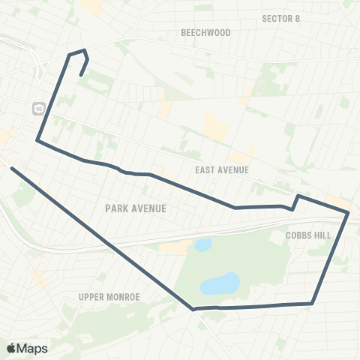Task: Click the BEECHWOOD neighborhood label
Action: click(x=206, y=33)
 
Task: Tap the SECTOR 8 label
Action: click(x=281, y=19)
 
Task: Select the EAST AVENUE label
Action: click(x=221, y=170)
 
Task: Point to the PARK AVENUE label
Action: click(x=136, y=208)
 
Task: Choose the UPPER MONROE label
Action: click(x=109, y=297)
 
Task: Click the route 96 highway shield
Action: click(x=38, y=109)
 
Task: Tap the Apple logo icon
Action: click(x=12, y=348)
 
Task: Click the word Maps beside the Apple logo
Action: click(x=32, y=348)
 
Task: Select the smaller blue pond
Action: click(x=202, y=245)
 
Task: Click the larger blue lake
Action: click(x=220, y=284)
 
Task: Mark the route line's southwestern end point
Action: click(x=12, y=168)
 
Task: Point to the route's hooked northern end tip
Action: click(x=80, y=75)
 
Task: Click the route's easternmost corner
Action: click(x=349, y=214)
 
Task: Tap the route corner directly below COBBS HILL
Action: click(x=311, y=303)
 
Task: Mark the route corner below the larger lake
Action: click(x=193, y=308)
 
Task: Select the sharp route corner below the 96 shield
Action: click(x=37, y=140)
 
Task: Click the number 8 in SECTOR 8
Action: click(x=297, y=19)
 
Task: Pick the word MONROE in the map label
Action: click(x=124, y=297)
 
